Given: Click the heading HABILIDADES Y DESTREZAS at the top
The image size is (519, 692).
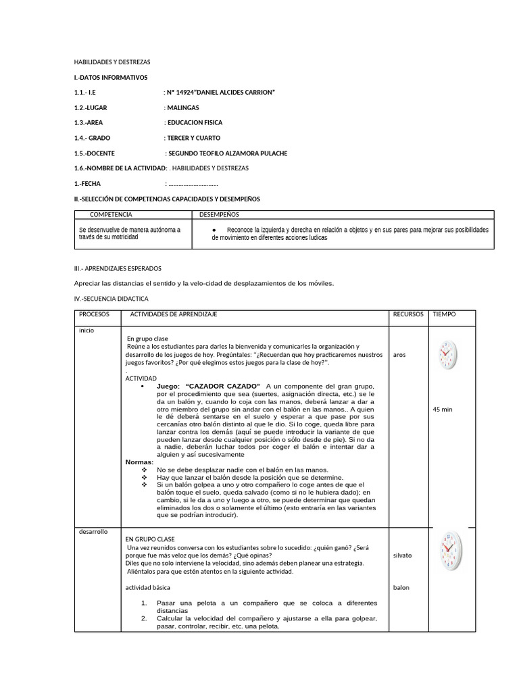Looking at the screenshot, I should pos(112,62).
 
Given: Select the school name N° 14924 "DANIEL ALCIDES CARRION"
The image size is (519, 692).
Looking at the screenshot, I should pos(221,92).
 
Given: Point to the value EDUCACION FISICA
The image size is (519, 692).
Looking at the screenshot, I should pos(195,123).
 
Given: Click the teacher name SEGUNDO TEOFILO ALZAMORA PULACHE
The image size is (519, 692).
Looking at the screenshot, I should pos(228,153).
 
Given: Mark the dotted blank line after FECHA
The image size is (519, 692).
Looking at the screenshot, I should pos(193,184).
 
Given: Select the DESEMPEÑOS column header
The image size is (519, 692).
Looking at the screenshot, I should pos(220,214).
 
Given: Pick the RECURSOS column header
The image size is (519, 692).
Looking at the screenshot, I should pos(408,314).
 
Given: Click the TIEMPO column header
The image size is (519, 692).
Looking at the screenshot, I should pos(444,314).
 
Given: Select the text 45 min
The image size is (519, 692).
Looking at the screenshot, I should pos(443,409).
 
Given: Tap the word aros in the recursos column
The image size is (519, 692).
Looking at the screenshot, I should pos(399,355).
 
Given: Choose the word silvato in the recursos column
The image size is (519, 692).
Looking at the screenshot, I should pos(402,555).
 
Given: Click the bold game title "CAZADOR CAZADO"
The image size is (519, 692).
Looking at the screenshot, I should pos(222,385).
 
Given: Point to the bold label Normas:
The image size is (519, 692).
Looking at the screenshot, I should pos(140,462).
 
